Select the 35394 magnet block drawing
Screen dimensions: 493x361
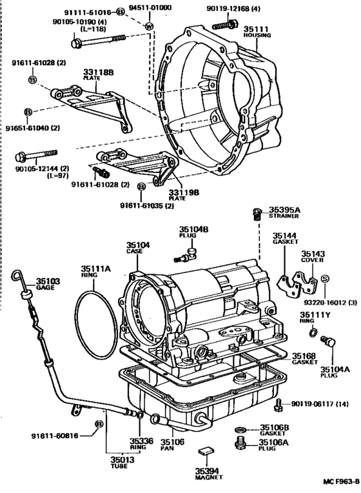click(206, 452)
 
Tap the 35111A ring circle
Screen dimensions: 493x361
click(97, 313)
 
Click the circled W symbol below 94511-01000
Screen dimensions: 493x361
click(149, 26)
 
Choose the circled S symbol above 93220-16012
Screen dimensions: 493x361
click(326, 279)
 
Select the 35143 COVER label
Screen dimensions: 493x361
click(315, 256)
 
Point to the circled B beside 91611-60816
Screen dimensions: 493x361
click(99, 423)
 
